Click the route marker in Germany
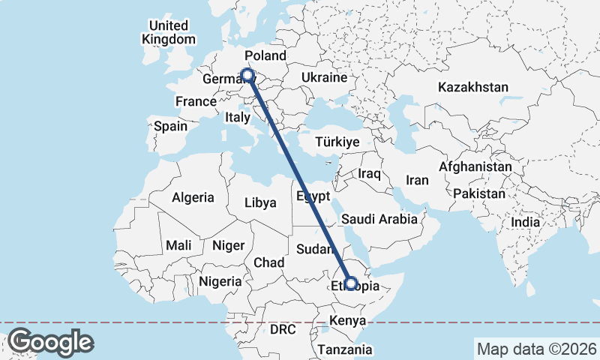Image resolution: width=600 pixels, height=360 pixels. (x=247, y=74)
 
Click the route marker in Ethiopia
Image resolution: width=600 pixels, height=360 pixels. (x=350, y=283)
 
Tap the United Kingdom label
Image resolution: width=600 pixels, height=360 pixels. (x=169, y=32)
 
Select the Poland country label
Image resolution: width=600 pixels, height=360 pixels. (x=265, y=55)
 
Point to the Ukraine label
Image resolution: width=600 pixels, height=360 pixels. (x=324, y=77)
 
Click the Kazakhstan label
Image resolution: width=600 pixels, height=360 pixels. (x=473, y=87)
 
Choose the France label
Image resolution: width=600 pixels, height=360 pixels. (x=196, y=101)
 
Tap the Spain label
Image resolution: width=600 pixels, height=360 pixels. (x=171, y=126)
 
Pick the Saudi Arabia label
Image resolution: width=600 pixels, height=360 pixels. (x=379, y=220)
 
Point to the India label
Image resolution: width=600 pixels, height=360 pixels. (x=526, y=223)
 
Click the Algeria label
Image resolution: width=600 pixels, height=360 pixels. (x=193, y=198)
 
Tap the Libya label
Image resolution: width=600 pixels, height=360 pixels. (x=261, y=202)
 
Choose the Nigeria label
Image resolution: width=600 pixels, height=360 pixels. (x=220, y=282)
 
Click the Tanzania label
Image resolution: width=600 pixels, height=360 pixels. (x=344, y=349)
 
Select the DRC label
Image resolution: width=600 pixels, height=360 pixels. (x=284, y=329)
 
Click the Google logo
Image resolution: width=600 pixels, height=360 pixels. (x=50, y=342)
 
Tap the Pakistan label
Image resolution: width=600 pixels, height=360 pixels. (x=479, y=193)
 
